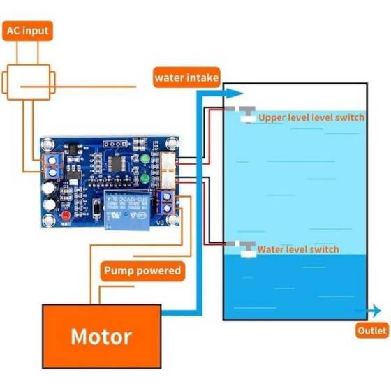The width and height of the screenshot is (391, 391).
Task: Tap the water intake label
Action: (187, 78)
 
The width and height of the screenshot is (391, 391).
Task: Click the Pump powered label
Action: (142, 270)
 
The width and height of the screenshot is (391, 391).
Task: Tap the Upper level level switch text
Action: (311, 117)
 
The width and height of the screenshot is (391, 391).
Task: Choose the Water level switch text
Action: (298, 249)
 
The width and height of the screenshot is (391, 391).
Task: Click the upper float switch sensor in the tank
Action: (246, 114)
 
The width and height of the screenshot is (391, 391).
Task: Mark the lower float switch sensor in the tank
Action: (246, 247)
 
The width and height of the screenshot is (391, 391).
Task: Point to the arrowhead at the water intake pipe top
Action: (235, 92)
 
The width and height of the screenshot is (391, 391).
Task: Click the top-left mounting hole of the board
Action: (47, 145)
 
